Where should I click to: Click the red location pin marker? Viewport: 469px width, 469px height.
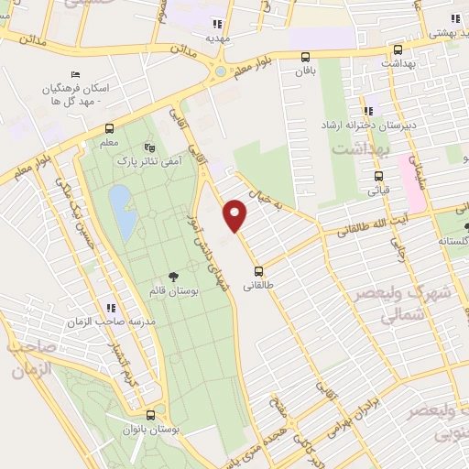236,214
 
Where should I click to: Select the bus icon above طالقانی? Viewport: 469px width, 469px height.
259,271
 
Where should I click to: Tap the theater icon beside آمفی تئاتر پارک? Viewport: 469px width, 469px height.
151,147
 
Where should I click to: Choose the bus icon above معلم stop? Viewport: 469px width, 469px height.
110,128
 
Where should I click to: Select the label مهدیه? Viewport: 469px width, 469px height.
216,38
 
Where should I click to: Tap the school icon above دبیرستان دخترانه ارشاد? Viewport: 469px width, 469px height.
368,109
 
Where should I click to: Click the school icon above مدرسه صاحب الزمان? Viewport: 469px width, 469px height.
110,308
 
